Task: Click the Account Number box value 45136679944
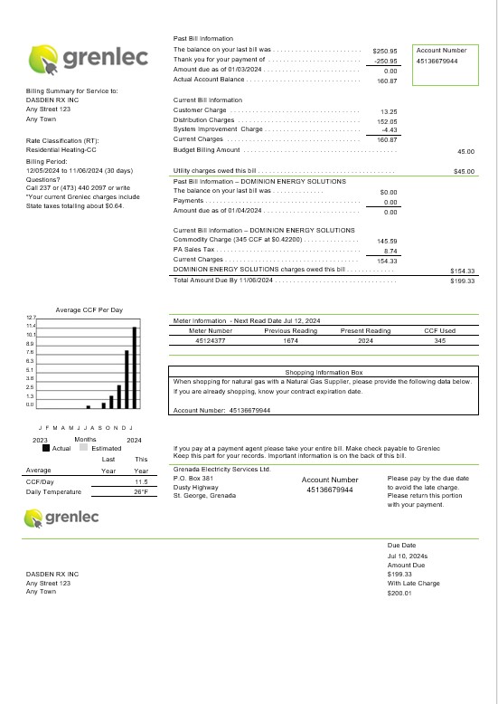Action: point(437,61)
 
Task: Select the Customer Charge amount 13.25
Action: point(389,110)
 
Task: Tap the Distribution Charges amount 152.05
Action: point(387,120)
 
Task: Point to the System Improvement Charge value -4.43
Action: point(390,129)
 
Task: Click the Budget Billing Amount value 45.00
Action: point(465,152)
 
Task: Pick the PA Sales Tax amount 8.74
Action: point(390,251)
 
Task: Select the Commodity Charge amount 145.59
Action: point(387,241)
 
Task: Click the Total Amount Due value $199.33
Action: point(463,281)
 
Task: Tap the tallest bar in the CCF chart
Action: point(134,366)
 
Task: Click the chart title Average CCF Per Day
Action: point(89,309)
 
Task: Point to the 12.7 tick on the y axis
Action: point(30,318)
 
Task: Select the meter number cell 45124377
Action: point(210,340)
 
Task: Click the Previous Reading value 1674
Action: point(290,340)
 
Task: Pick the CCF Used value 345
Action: point(439,340)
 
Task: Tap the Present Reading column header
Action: point(365,330)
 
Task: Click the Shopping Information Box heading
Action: point(323,372)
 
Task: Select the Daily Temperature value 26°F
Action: point(140,492)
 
